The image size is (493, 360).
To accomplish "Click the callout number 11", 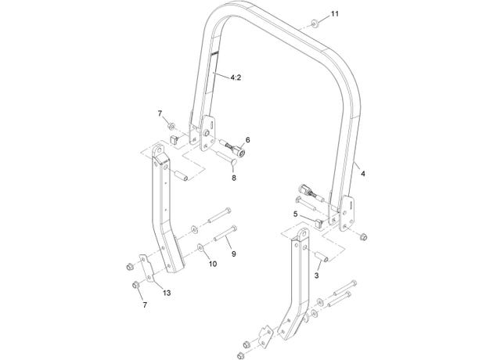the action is pyautogui.click(x=335, y=14).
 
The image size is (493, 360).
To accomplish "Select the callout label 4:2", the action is pyautogui.click(x=236, y=77).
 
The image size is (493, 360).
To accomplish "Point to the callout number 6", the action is pyautogui.click(x=248, y=139).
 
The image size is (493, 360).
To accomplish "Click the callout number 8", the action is pyautogui.click(x=234, y=178).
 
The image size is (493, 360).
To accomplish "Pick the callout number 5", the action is pyautogui.click(x=295, y=214).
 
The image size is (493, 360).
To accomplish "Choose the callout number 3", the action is pyautogui.click(x=316, y=275).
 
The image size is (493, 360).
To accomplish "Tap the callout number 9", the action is pyautogui.click(x=234, y=254).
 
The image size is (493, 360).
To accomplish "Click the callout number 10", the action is pyautogui.click(x=213, y=264).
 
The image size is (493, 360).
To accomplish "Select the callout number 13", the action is pyautogui.click(x=167, y=293).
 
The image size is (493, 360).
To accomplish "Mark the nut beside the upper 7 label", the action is pyautogui.click(x=171, y=127).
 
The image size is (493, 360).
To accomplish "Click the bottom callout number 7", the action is pyautogui.click(x=145, y=304).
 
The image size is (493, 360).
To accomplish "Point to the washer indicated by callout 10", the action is pyautogui.click(x=200, y=248).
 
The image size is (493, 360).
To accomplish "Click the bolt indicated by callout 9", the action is pyautogui.click(x=225, y=235).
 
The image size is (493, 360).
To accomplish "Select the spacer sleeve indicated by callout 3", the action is pyautogui.click(x=321, y=256).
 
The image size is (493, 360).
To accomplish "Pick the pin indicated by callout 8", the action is pyautogui.click(x=227, y=158).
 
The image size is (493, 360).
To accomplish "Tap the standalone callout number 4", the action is pyautogui.click(x=363, y=173).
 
